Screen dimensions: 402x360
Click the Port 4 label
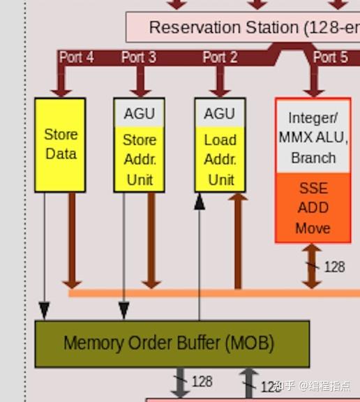pyautogui.click(x=77, y=57)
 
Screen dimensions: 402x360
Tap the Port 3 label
pyautogui.click(x=139, y=57)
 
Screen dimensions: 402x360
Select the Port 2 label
pyautogui.click(x=220, y=57)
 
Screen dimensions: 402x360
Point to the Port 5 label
pyautogui.click(x=330, y=57)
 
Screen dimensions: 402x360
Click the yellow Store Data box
pyautogui.click(x=60, y=144)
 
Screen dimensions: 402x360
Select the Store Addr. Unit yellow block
pyautogui.click(x=140, y=159)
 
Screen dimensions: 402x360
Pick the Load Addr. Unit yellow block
pyautogui.click(x=220, y=159)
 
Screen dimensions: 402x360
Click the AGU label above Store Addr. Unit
pyautogui.click(x=140, y=113)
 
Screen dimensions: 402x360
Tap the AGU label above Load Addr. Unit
pyautogui.click(x=220, y=113)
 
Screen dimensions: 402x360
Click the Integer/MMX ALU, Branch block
pyautogui.click(x=313, y=137)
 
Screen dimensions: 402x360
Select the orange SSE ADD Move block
pyautogui.click(x=313, y=208)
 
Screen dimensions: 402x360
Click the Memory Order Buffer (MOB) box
pyautogui.click(x=172, y=343)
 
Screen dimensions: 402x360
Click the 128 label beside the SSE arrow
pyautogui.click(x=334, y=267)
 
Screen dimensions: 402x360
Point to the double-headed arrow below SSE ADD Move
pyautogui.click(x=312, y=266)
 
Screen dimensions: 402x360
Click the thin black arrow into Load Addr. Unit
pyautogui.click(x=200, y=258)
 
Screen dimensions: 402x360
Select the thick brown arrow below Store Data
pyautogui.click(x=70, y=241)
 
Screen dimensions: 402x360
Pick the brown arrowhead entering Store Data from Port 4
pyautogui.click(x=61, y=90)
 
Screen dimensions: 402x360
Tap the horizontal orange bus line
pyautogui.click(x=209, y=293)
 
